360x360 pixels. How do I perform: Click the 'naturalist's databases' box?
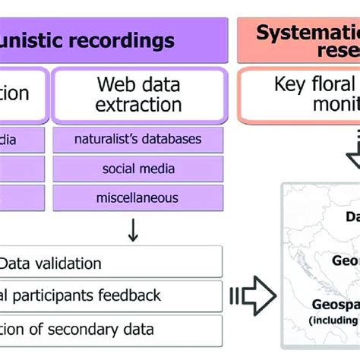(137, 139)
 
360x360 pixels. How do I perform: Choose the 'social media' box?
(137, 169)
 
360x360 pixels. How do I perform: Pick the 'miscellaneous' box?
(137, 197)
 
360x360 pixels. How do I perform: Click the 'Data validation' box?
(111, 263)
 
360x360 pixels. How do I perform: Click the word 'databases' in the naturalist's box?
(174, 139)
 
